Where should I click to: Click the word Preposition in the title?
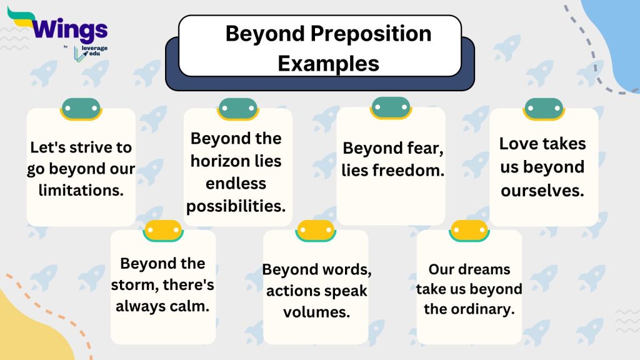pyautogui.click(x=369, y=33)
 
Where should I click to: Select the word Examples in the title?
pyautogui.click(x=328, y=63)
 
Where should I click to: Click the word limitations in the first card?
pyautogui.click(x=81, y=191)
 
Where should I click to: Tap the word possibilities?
pyautogui.click(x=236, y=206)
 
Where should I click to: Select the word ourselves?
pyautogui.click(x=542, y=190)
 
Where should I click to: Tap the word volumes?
pyautogui.click(x=316, y=312)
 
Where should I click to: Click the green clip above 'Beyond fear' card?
pyautogui.click(x=391, y=107)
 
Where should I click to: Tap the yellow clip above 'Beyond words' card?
pyautogui.click(x=316, y=231)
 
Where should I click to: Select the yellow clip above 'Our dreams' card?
pyautogui.click(x=469, y=231)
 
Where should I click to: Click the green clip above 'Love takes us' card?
pyautogui.click(x=543, y=108)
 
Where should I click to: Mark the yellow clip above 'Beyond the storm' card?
pyautogui.click(x=162, y=231)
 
